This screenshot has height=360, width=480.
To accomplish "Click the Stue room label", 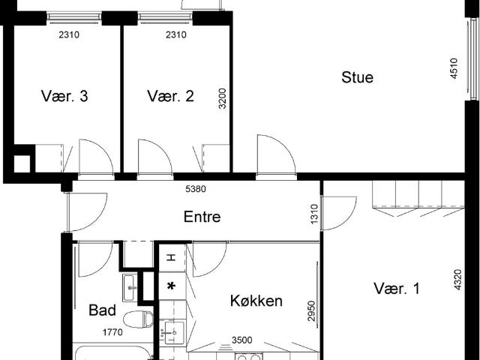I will click(357, 77).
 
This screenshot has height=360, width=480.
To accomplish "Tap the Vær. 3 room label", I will click(64, 96).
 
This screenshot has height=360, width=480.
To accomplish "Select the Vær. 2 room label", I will click(171, 96).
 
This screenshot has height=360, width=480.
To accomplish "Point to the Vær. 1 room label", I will click(396, 289).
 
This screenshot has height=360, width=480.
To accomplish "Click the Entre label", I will click(202, 217).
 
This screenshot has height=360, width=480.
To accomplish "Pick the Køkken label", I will click(256, 301).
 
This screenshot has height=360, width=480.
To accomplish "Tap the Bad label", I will click(102, 310).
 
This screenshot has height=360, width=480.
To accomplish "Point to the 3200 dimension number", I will click(223, 98).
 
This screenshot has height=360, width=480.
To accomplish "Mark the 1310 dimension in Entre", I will click(315, 214).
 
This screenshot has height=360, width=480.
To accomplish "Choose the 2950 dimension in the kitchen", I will click(312, 310).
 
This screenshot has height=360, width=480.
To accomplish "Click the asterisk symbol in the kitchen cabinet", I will click(171, 286).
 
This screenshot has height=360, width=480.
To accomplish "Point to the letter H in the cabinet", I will click(171, 257).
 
